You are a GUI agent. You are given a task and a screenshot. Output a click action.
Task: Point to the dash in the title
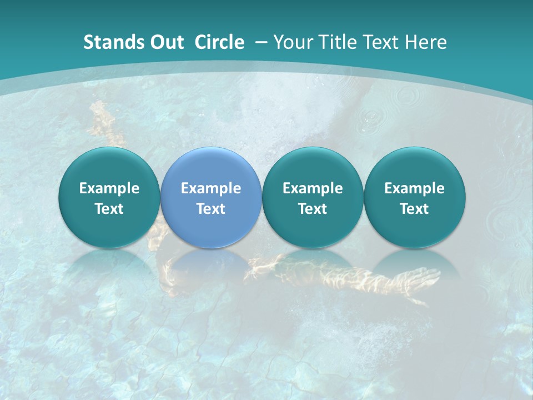tap(260, 43)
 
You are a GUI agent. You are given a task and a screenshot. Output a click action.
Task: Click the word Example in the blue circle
tap(211, 188)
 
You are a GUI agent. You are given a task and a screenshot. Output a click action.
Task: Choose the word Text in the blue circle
tap(211, 209)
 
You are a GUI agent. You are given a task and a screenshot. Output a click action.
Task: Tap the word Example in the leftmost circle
tap(109, 188)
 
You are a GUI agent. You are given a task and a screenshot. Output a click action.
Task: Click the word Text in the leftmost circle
tap(109, 209)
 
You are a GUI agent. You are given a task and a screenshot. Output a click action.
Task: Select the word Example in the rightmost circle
tap(415, 188)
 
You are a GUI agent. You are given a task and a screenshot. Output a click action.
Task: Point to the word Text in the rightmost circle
tap(415, 209)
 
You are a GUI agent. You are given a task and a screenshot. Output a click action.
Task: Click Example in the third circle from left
tap(313, 188)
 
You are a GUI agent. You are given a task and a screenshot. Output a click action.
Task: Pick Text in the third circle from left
tap(313, 209)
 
